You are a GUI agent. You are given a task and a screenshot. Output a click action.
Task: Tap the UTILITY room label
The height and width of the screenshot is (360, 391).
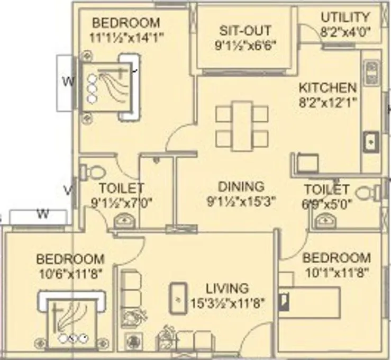[x=345, y=17]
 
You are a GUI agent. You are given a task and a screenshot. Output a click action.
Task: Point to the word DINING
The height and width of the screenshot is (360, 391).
[x=241, y=187]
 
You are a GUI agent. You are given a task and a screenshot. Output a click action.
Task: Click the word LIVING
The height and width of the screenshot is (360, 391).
[x=227, y=289]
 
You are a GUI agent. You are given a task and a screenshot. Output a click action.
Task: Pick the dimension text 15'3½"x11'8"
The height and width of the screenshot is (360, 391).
[x=227, y=303]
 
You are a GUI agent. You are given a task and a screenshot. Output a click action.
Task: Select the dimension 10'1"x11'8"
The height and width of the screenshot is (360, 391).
[x=337, y=273]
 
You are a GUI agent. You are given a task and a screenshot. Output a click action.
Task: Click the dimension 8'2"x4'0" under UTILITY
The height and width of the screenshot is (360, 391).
[x=345, y=31]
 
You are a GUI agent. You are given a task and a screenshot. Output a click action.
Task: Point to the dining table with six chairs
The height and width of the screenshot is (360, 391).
[x=242, y=125]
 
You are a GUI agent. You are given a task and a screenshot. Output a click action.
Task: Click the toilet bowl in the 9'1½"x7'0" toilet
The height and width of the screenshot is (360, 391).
[x=94, y=172]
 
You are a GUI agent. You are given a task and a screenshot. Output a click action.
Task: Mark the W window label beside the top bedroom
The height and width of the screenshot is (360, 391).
[x=67, y=82]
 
